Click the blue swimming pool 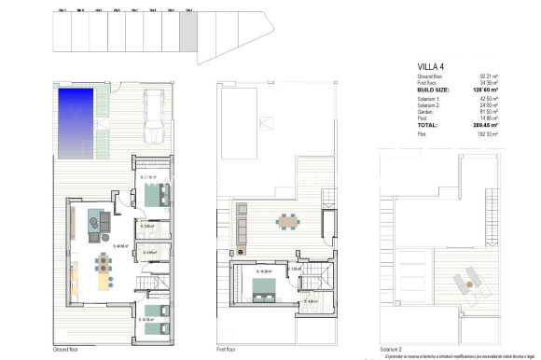pos(77,106)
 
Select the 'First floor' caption pos(227,349)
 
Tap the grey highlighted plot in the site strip pos(187,36)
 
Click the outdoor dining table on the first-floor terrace pos(286,221)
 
